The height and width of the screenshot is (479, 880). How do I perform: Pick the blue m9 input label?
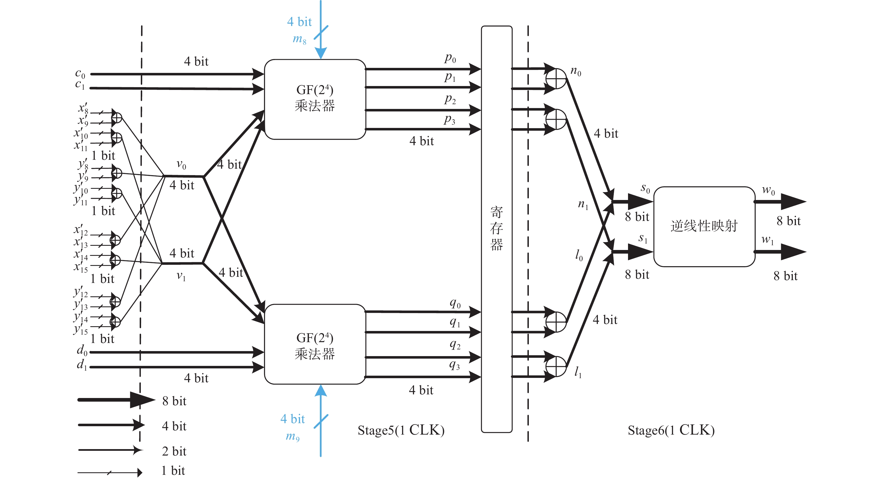coord(293,437)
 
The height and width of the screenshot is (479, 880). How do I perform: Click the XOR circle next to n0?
coord(556,78)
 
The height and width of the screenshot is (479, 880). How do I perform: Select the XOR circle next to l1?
coord(556,366)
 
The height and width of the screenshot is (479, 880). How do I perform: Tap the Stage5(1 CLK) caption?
coord(401,430)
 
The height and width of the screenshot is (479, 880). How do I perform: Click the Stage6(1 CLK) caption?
coord(671,430)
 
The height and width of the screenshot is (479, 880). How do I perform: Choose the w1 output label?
coord(768,240)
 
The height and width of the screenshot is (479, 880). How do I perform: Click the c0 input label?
coord(80,74)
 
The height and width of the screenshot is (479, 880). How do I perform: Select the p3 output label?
coord(449,120)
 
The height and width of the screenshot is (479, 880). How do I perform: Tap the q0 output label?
coord(455,303)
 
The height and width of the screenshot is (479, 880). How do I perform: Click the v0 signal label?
coord(181,165)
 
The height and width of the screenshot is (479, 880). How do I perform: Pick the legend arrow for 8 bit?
coord(116,400)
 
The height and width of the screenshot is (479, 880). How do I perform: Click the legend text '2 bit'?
coord(174,451)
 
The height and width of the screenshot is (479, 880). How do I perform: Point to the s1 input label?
coord(643,239)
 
